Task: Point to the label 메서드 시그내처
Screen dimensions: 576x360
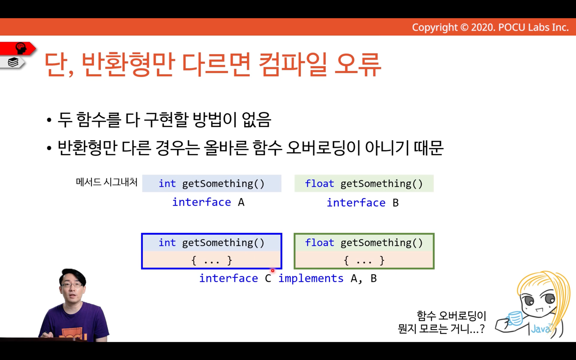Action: coord(107,182)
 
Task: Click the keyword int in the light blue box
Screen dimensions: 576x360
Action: coord(167,184)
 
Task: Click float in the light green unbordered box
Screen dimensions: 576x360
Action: coord(319,184)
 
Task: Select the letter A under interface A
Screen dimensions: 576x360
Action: coord(241,202)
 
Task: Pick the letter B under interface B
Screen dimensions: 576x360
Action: coord(395,203)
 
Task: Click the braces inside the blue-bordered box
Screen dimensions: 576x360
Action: coord(212,261)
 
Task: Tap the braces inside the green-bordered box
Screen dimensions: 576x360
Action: coord(364,261)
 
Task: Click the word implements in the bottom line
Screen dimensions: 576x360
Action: coord(311,278)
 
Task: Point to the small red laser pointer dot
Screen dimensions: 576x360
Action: coord(273,270)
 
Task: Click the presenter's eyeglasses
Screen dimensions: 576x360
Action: coord(72,285)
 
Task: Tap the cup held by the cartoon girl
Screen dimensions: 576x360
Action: coord(515,318)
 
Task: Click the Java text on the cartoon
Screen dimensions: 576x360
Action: coord(540,329)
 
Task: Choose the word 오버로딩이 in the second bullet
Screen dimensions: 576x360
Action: coord(323,148)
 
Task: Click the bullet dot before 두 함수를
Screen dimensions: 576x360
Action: coord(49,120)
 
